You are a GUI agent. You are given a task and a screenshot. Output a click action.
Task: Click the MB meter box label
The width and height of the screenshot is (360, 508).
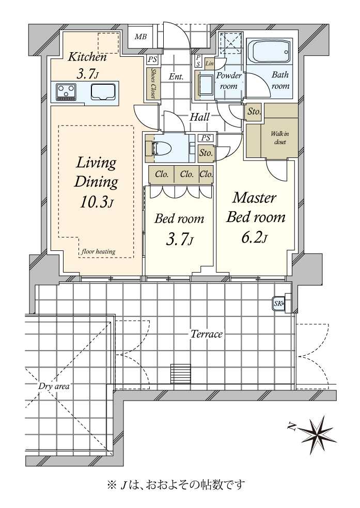coord(140,37)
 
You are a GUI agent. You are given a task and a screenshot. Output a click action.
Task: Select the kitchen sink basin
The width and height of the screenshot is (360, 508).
coord(103,92)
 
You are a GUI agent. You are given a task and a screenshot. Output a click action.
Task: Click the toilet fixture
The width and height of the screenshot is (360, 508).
coord(162,149)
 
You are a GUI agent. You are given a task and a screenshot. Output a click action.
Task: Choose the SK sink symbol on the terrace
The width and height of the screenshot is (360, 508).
coord(278,304)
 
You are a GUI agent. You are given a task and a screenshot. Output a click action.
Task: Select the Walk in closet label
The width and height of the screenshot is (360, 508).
coord(280,138)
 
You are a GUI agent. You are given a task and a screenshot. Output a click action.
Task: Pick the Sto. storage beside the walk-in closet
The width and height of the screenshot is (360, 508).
coord(254,112)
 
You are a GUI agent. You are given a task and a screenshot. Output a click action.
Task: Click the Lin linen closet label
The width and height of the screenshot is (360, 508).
coord(210,63)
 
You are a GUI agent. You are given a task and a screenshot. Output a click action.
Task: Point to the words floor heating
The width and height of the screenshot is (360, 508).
coord(99,251)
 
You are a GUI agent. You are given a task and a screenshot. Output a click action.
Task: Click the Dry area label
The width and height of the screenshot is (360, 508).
coord(54,386)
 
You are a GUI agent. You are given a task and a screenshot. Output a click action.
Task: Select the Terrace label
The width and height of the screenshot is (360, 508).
coord(207,334)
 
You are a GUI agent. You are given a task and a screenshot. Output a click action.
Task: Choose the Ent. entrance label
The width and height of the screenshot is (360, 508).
coord(176,77)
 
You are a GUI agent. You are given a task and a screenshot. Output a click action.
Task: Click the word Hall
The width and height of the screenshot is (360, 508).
coord(199,117)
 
